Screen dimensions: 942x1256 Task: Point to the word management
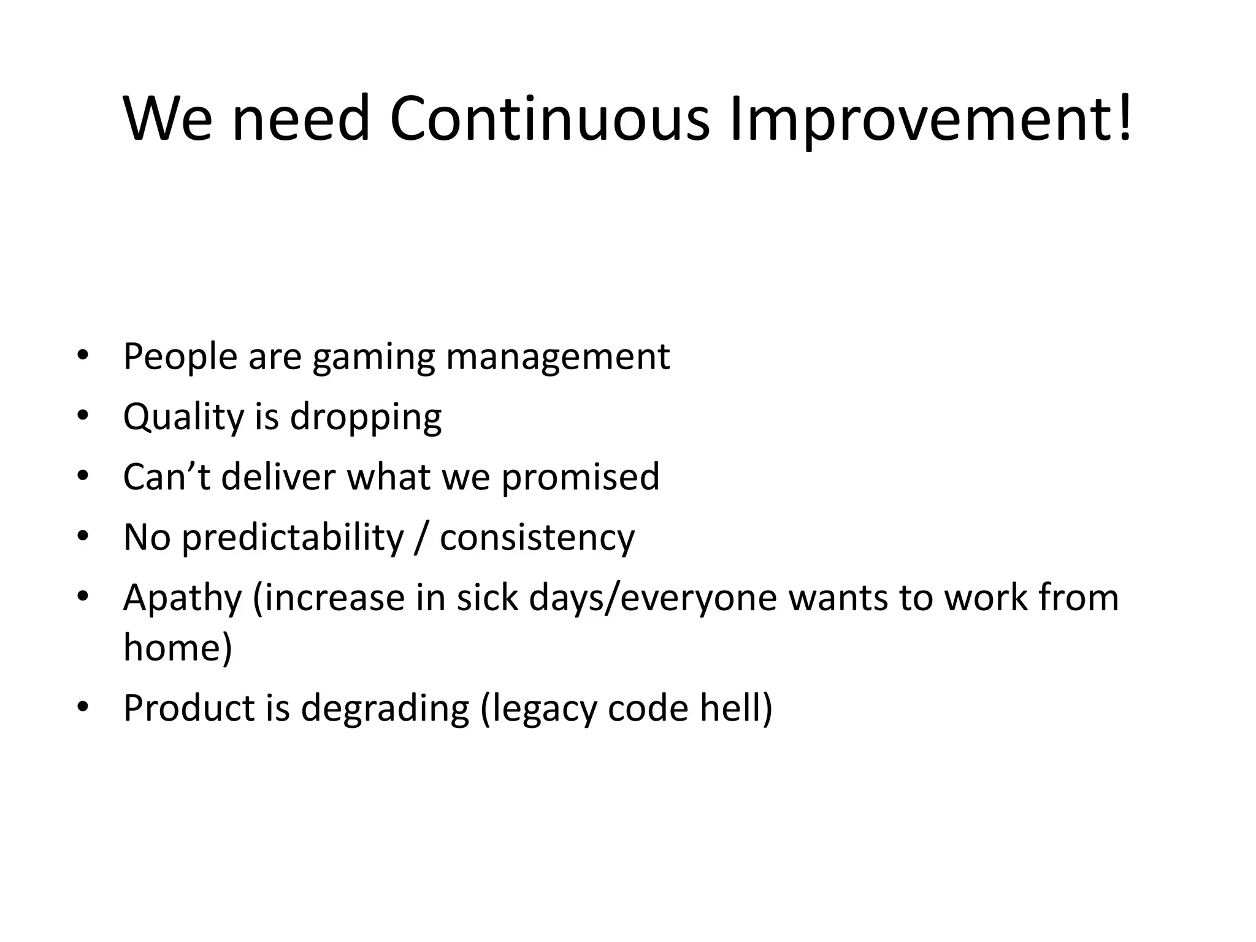point(557,358)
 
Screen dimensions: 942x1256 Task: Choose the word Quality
point(183,418)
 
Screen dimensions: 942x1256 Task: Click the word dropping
point(366,418)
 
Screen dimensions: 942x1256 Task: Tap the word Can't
point(166,477)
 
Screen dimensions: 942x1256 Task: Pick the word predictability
point(293,538)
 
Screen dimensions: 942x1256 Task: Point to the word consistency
point(537,538)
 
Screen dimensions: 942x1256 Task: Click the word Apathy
point(182,599)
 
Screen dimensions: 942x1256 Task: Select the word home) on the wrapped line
point(178,646)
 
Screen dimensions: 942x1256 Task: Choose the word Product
point(189,708)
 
